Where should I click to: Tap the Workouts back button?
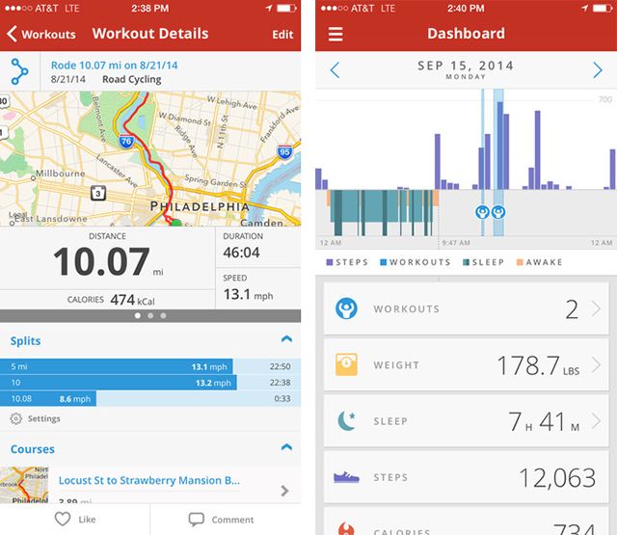(41, 34)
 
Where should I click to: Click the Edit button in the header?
(282, 34)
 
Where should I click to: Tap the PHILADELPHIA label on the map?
(199, 206)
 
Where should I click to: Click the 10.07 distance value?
(101, 261)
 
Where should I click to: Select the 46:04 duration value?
(241, 253)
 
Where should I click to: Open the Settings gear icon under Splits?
(16, 418)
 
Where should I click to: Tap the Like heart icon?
(64, 519)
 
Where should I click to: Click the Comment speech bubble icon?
(197, 519)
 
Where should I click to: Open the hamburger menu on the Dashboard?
(335, 34)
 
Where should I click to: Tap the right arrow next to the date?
(598, 69)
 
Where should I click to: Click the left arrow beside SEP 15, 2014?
(335, 69)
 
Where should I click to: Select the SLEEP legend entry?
(481, 262)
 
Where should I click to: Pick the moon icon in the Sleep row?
(347, 420)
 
